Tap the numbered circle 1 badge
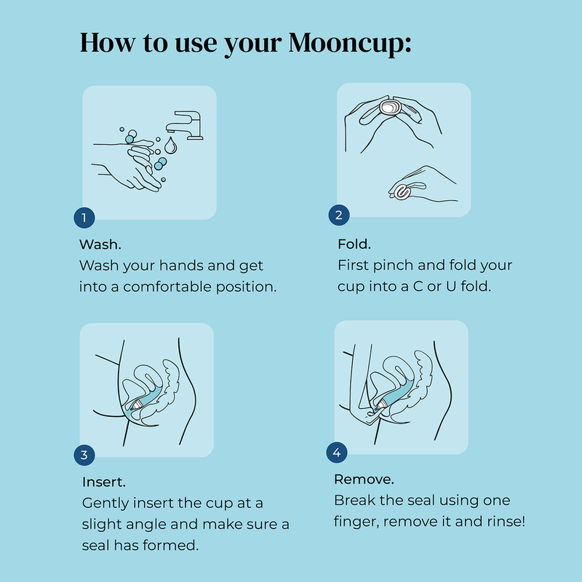pyautogui.click(x=84, y=218)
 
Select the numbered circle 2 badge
pyautogui.click(x=338, y=215)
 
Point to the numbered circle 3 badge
pyautogui.click(x=84, y=455)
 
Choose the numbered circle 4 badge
pyautogui.click(x=336, y=453)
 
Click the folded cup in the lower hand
pyautogui.click(x=402, y=192)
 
